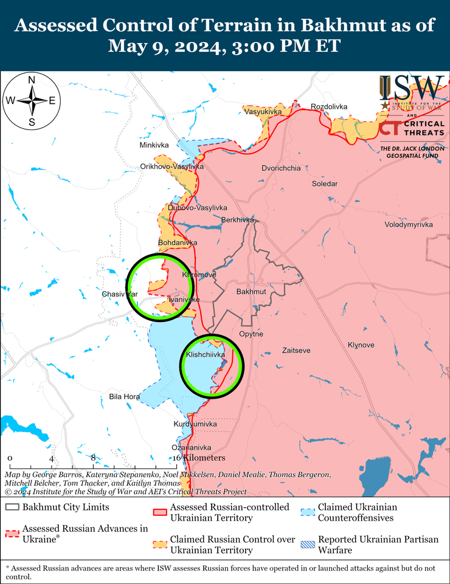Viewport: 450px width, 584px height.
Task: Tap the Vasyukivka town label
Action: pos(263,112)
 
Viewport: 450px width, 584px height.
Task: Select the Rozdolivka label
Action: pos(329,107)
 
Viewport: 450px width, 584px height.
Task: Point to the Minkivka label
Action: pos(154,146)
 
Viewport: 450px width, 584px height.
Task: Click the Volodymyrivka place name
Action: pos(409,225)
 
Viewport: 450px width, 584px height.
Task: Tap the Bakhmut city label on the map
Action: pos(251,292)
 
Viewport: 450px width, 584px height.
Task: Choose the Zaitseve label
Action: pos(296,350)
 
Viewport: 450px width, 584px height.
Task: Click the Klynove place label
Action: pos(361,345)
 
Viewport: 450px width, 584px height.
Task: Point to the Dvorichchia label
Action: pos(281,168)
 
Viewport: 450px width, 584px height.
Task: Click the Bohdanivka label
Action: pos(178,242)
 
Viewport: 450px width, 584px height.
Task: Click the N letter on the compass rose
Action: pos(32,80)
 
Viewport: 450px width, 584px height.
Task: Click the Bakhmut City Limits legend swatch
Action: pos(12,507)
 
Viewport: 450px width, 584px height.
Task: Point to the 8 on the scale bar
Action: pos(93,458)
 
